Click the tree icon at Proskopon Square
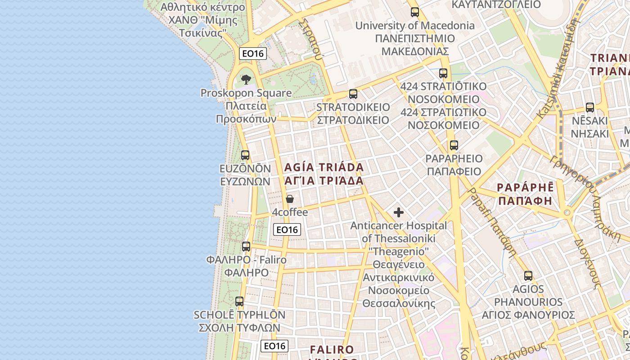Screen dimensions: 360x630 [246, 80]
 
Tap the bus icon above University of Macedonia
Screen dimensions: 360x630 [414, 12]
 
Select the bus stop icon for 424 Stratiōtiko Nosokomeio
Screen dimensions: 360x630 [443, 73]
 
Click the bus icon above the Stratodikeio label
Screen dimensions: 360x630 [353, 94]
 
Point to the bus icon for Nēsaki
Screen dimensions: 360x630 [589, 108]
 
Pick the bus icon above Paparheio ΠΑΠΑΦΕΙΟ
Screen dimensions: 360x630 [454, 145]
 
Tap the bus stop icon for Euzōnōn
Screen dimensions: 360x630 [245, 155]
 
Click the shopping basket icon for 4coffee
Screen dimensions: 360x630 [290, 199]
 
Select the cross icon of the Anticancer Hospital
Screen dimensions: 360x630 [399, 212]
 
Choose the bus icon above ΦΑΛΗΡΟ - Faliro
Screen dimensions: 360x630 [246, 247]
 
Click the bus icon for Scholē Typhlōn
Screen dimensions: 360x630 [239, 301]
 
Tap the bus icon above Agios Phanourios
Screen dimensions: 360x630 [528, 276]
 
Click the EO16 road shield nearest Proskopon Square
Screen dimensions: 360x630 [253, 54]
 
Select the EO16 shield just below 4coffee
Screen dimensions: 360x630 [287, 229]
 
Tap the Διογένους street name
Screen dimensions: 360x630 [587, 263]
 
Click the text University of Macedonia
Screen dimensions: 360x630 [415, 26]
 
